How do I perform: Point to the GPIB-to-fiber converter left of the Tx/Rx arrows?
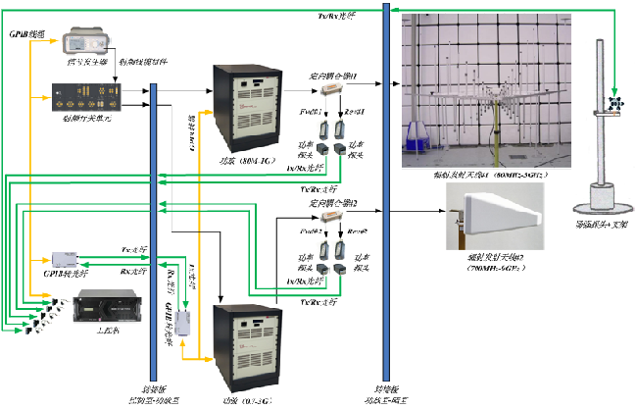tap(69, 258)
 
